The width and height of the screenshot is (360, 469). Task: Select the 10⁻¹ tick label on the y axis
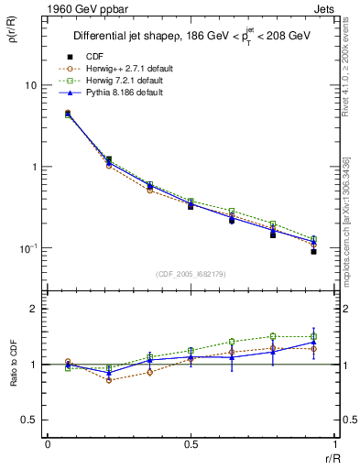(x=27, y=248)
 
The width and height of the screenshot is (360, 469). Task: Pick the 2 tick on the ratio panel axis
(x=33, y=310)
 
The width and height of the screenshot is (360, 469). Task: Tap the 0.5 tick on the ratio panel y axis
(x=29, y=420)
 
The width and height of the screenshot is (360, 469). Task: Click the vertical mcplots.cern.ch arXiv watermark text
(x=347, y=220)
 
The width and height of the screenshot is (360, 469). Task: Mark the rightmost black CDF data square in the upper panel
(x=313, y=251)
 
